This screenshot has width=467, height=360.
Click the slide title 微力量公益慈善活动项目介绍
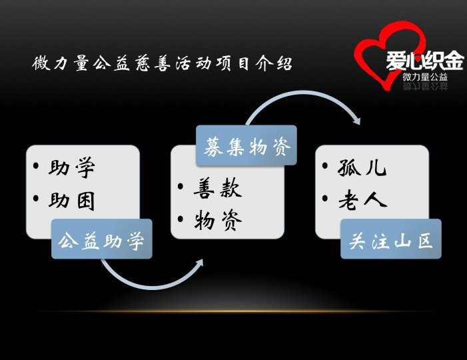click(162, 63)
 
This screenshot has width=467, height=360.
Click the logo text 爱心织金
click(425, 61)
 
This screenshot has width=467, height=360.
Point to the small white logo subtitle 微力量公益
click(425, 77)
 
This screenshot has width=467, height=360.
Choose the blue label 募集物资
click(247, 146)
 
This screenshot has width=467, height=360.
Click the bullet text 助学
click(72, 167)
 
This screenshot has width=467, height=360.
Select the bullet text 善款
click(217, 188)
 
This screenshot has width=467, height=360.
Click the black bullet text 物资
click(218, 221)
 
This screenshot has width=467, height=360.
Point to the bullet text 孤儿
click(362, 167)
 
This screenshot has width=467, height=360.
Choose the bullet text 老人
click(363, 200)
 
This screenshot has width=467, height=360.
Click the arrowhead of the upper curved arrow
click(356, 120)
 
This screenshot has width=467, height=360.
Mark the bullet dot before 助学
click(36, 166)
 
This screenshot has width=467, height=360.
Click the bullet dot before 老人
click(325, 198)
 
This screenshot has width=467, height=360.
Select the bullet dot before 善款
click(181, 187)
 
